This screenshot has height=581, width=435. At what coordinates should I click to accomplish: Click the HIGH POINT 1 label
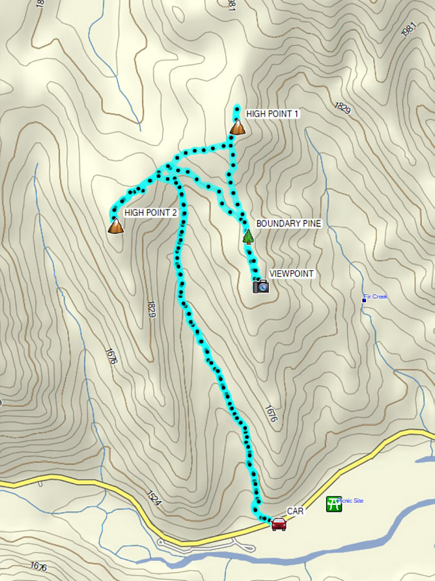pos(273,113)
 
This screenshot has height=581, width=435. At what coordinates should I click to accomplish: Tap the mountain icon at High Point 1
pos(237,127)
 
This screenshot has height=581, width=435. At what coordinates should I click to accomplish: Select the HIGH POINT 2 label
pos(150,212)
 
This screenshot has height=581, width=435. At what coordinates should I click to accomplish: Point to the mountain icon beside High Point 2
pos(115,226)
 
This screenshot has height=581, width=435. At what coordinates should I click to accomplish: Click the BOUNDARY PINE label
pos(288,223)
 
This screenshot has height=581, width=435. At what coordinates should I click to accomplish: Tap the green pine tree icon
pos(248,236)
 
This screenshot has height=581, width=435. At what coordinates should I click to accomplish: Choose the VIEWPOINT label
pos(291,273)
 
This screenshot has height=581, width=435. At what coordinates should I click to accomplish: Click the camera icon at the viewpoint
pos(260,286)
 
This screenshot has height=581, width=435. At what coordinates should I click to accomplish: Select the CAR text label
pos(295,511)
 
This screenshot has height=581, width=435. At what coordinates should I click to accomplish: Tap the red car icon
pos(278,524)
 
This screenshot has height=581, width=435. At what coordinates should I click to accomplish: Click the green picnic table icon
pos(333,504)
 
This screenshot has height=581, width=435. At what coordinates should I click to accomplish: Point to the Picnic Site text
pos(351,500)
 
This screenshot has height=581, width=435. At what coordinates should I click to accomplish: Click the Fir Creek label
pos(376,297)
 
